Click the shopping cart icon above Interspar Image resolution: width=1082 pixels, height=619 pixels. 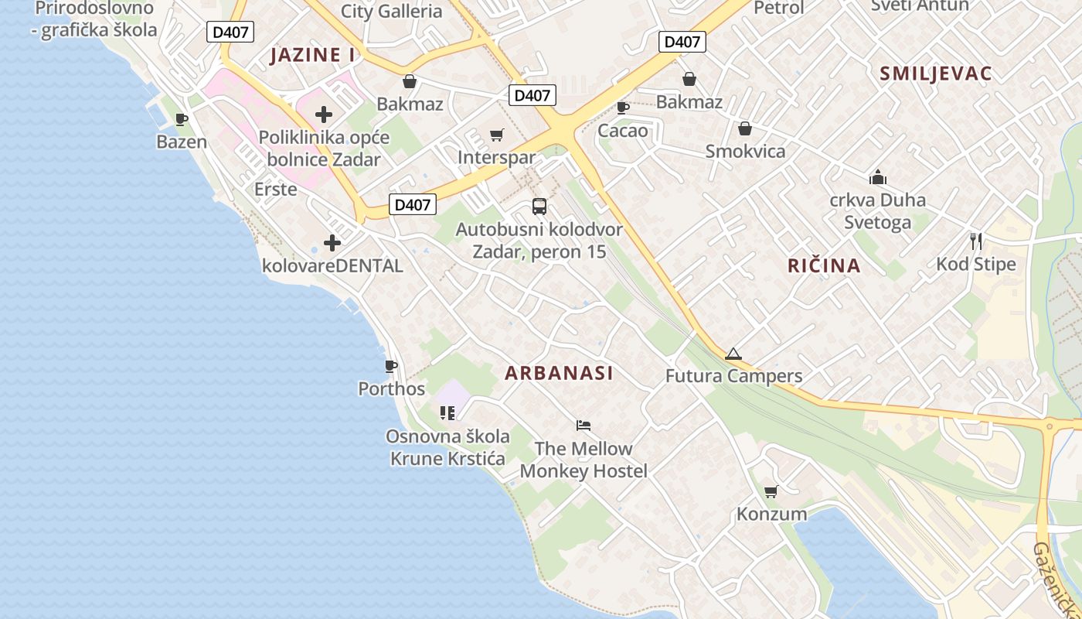coord(497,135)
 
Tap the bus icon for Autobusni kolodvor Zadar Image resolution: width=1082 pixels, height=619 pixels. coord(539,207)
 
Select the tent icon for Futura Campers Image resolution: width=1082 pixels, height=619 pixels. coord(733,354)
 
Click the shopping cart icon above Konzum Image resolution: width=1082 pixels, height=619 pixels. coord(771,491)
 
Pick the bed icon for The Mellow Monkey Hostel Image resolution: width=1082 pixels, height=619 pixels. coord(584,426)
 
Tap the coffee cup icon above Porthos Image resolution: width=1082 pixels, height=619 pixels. coord(391,366)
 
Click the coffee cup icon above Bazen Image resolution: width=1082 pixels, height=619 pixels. coord(182,119)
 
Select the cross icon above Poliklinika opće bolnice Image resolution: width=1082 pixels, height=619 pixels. coord(324,115)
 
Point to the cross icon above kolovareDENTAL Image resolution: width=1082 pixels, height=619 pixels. coord(332,243)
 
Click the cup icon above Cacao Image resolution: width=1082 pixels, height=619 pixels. coord(623,108)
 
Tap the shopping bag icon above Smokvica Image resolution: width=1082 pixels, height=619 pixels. coord(745,128)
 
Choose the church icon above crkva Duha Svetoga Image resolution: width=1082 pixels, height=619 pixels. coord(877,177)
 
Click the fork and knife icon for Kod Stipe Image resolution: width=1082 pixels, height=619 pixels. coord(976,241)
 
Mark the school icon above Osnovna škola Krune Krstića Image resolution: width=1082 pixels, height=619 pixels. coord(447,413)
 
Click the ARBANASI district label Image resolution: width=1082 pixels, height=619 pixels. coord(559,373)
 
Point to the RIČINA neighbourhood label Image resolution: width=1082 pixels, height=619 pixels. coord(824,266)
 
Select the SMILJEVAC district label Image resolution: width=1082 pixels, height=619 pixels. coord(936,74)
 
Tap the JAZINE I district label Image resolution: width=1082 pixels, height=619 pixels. coord(312,55)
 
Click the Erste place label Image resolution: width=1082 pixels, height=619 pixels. coord(276,189)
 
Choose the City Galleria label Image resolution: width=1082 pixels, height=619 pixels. coord(392,12)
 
